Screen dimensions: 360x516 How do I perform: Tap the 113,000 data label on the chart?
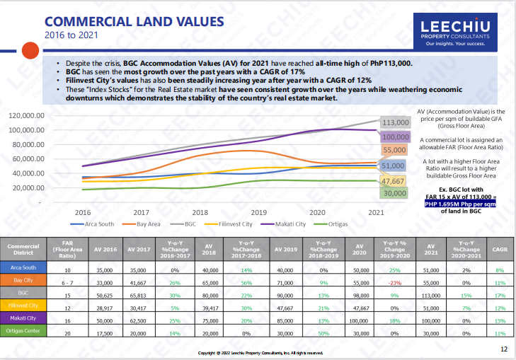click(x=396, y=122)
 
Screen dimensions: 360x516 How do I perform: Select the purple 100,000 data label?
click(x=396, y=137)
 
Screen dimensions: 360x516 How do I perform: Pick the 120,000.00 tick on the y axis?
click(x=26, y=115)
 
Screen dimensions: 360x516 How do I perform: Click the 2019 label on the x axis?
click(x=258, y=212)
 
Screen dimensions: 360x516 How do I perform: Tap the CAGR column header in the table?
click(x=498, y=250)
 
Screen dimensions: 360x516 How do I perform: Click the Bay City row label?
click(x=23, y=281)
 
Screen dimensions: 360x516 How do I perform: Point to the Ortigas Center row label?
click(x=23, y=331)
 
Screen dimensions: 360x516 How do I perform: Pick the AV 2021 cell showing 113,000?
click(x=428, y=294)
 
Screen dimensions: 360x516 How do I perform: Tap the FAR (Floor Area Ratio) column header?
click(x=67, y=250)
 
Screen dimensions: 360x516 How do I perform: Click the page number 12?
click(x=503, y=349)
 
